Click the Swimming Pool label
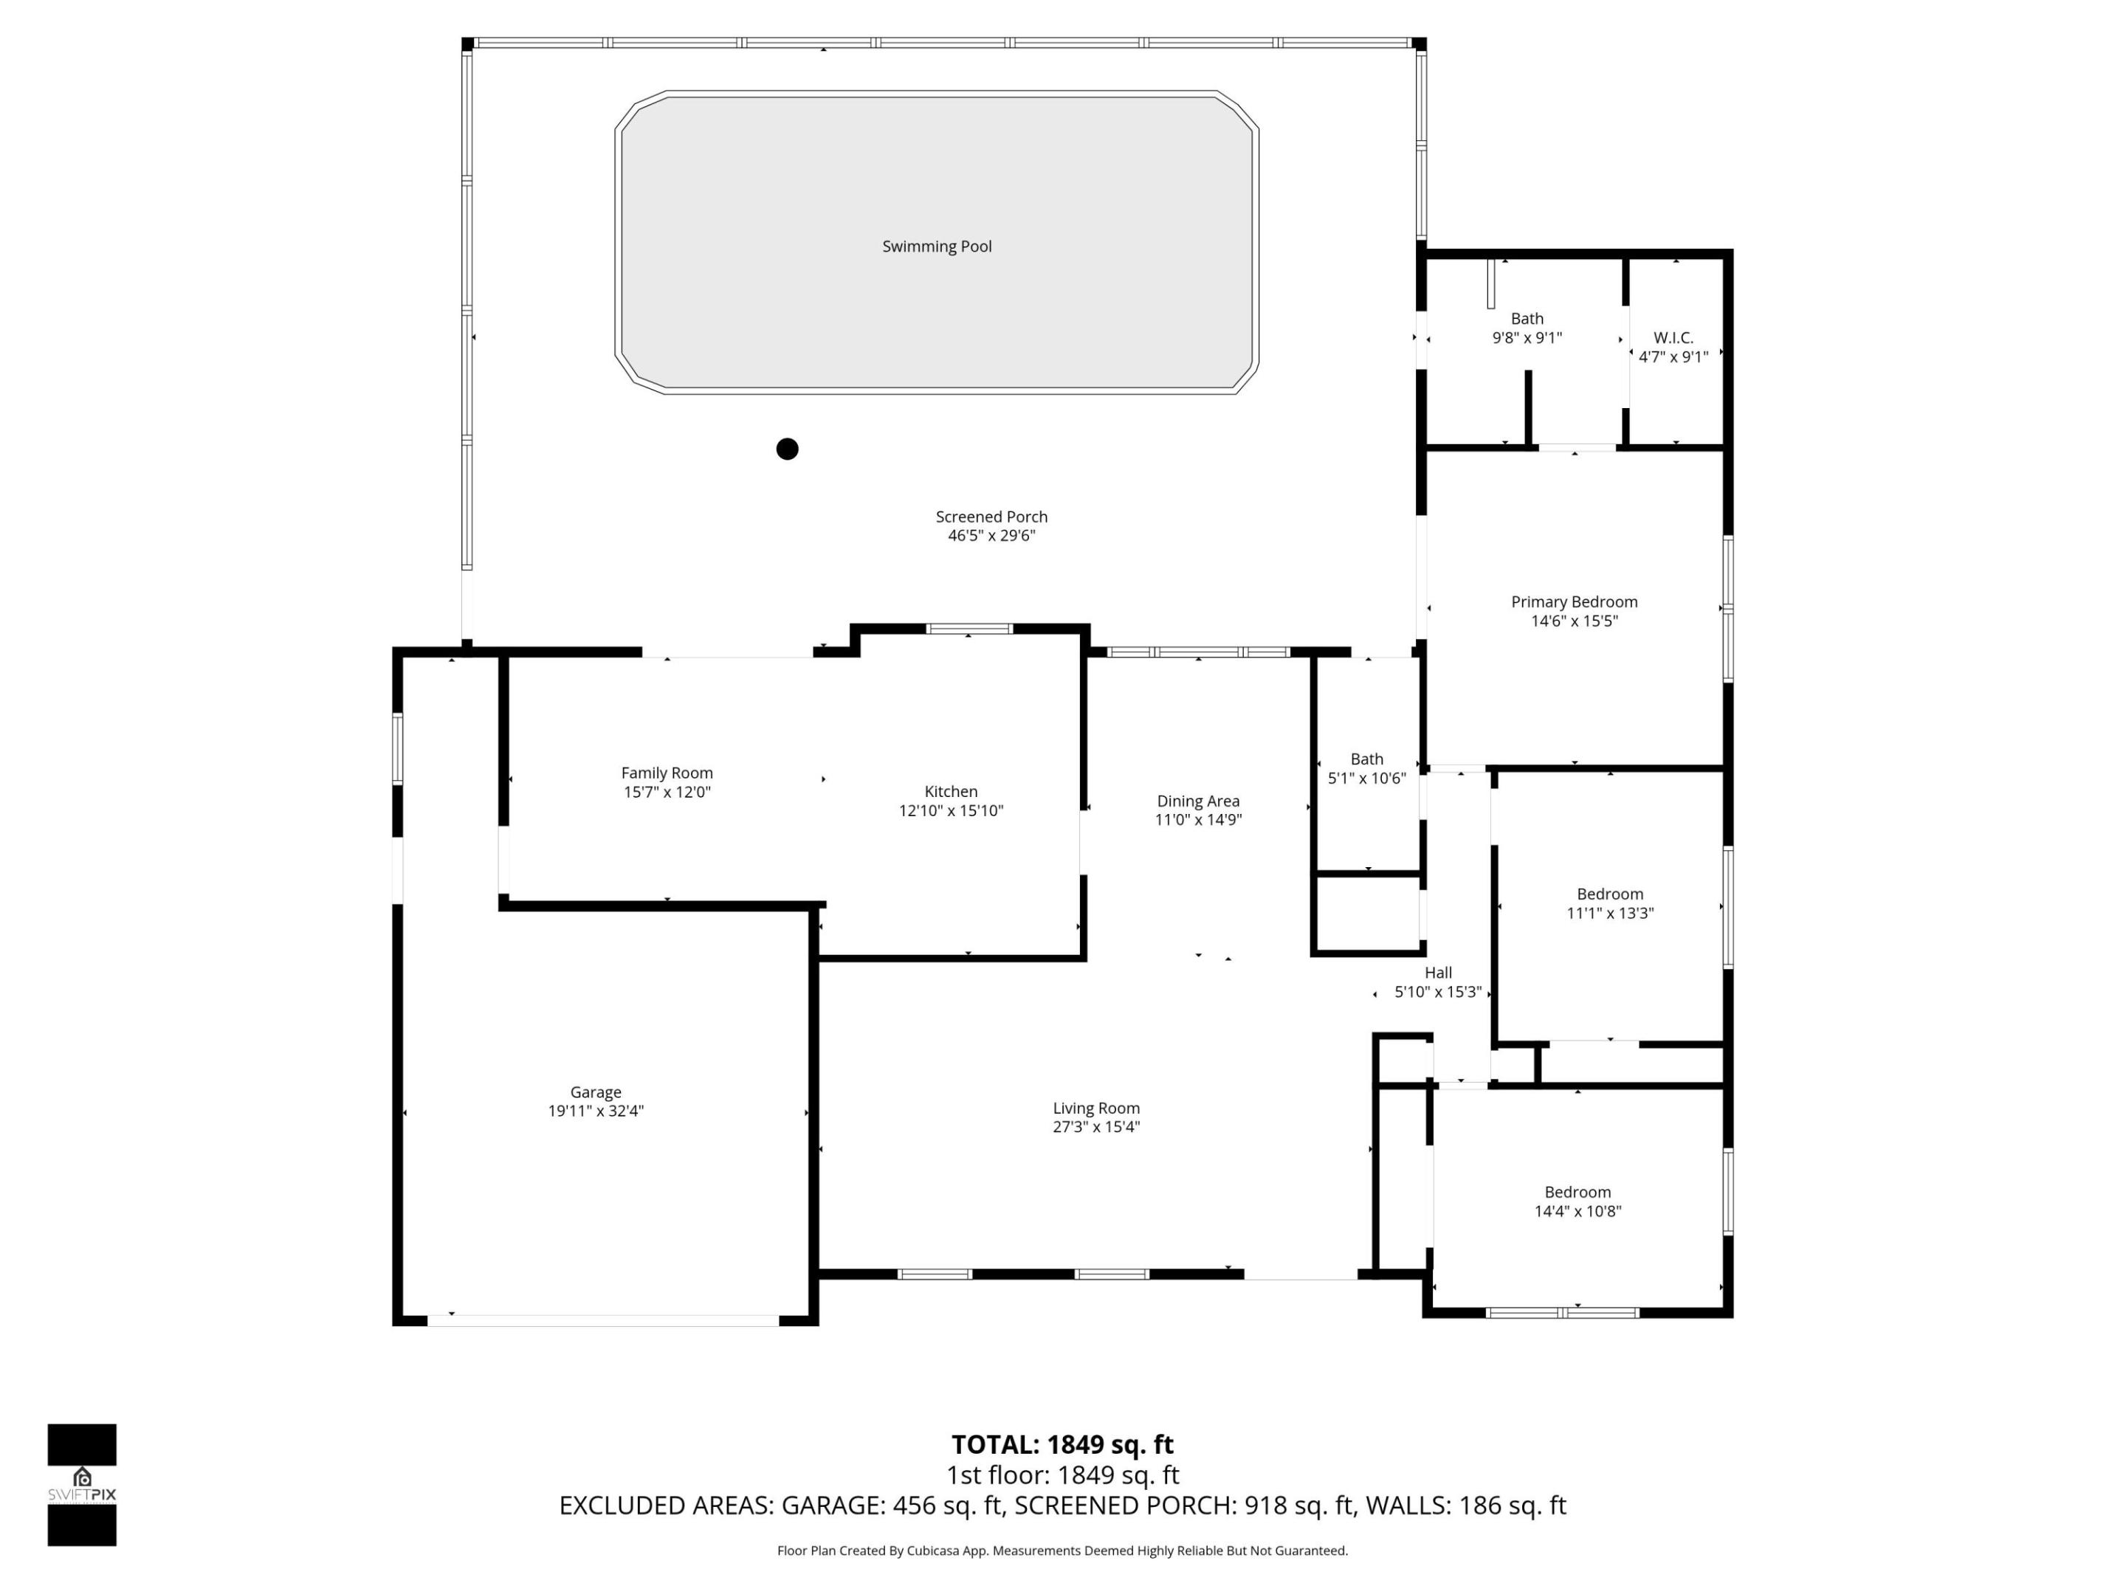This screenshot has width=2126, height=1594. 936,246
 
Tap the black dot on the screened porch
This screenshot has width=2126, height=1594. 787,449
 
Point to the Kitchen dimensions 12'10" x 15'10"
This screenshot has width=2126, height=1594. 951,811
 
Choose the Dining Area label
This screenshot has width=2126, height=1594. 1197,801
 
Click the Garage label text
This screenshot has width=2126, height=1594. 595,1091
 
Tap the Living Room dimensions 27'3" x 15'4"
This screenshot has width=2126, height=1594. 1095,1127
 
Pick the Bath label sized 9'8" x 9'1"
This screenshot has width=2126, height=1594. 1527,318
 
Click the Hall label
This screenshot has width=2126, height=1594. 1438,973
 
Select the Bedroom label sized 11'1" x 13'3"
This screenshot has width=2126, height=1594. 1609,894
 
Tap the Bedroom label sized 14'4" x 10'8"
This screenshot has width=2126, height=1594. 1578,1191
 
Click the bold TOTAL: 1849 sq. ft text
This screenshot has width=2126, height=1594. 1062,1444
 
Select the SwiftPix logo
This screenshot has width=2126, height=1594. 82,1485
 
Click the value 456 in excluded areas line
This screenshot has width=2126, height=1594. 913,1505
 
